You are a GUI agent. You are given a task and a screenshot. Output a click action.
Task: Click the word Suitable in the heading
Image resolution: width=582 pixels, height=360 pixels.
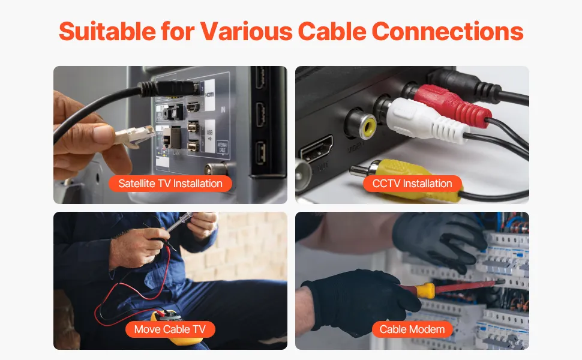[x=107, y=31]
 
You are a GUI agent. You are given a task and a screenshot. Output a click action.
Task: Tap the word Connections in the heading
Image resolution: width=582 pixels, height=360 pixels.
[x=447, y=31]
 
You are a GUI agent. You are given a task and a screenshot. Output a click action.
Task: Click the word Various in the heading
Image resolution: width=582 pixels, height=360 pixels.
[x=247, y=31]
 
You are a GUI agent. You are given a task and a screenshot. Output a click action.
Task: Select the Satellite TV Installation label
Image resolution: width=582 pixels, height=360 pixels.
[x=170, y=184]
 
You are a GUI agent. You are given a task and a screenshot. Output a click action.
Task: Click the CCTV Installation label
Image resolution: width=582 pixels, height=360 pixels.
[x=412, y=184]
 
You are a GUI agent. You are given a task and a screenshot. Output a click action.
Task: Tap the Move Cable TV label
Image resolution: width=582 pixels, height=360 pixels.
[x=170, y=329]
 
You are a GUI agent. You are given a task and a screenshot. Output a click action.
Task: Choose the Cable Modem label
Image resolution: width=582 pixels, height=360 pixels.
[x=412, y=329]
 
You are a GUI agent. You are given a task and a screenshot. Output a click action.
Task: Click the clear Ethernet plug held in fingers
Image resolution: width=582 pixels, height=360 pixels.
[x=134, y=136]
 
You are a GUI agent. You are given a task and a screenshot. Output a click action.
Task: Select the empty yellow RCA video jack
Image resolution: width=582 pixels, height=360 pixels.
[x=361, y=124]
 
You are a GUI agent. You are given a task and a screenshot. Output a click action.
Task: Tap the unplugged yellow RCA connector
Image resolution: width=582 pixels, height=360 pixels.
[x=404, y=179]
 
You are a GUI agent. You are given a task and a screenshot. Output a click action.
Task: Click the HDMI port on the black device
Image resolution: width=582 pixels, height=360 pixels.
[x=316, y=149]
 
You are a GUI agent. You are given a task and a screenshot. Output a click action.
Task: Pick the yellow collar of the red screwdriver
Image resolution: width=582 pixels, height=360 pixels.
[x=426, y=290]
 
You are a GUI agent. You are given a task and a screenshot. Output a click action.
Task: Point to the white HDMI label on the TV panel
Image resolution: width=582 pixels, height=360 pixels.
[x=209, y=95]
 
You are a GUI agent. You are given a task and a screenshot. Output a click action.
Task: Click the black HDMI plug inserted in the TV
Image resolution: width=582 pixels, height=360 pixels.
[x=169, y=89]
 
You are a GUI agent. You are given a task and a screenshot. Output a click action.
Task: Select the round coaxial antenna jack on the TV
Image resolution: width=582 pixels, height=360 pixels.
[x=216, y=169]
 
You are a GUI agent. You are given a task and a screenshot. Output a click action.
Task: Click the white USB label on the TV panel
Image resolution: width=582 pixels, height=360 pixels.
[x=210, y=136]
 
